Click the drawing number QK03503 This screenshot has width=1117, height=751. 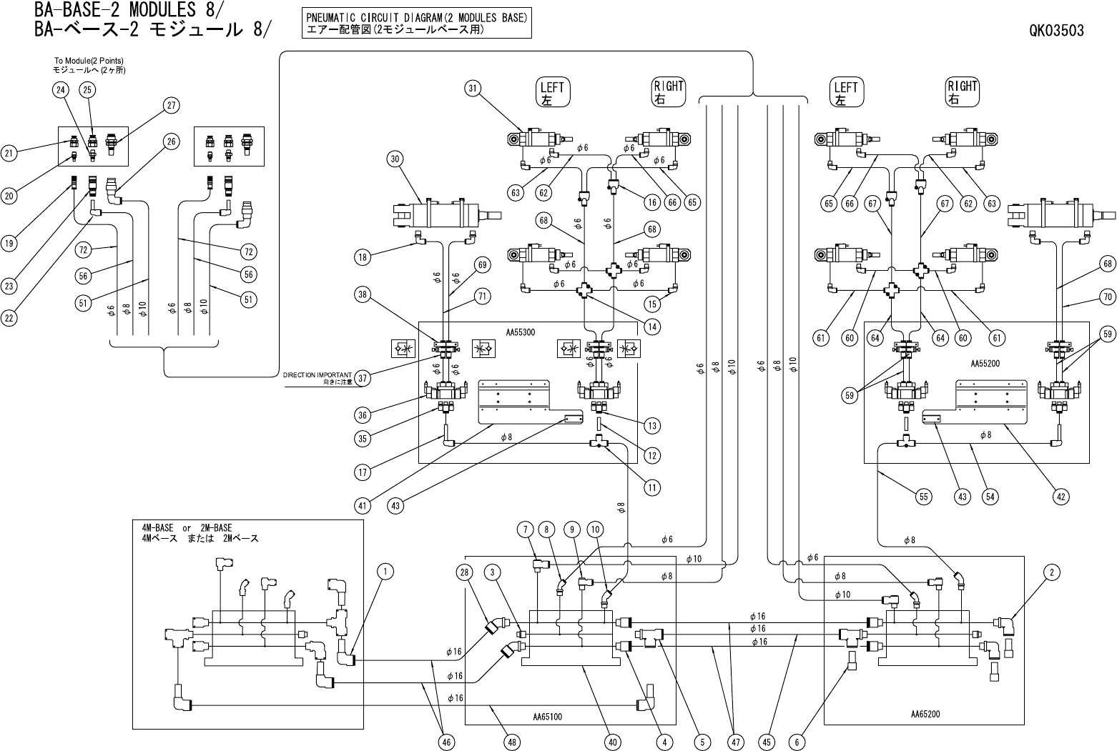(x=1056, y=31)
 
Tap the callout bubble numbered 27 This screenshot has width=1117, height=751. (x=171, y=106)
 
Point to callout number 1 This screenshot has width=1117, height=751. (x=385, y=572)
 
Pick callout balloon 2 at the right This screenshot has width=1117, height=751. (x=1051, y=572)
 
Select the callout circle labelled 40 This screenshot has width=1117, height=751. (x=612, y=742)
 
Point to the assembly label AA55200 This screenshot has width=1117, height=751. (x=985, y=363)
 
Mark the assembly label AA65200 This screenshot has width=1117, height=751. (x=925, y=714)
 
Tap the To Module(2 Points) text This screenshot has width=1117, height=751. (x=88, y=61)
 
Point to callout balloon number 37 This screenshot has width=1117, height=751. (x=363, y=378)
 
